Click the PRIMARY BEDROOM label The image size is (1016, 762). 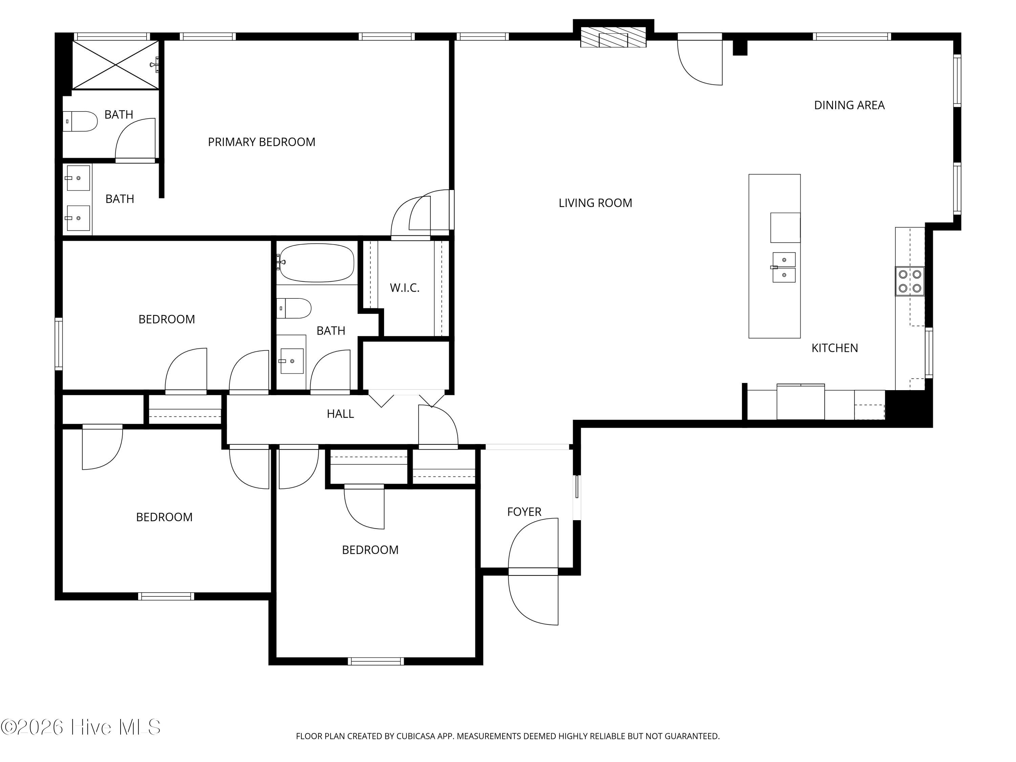261,142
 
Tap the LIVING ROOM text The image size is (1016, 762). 595,203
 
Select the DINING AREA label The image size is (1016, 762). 849,105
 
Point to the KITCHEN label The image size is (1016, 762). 834,348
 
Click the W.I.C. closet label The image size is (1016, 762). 405,288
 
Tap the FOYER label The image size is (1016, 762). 524,512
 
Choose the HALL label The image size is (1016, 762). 340,414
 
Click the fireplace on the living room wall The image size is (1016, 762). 613,37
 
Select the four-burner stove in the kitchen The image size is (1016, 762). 909,281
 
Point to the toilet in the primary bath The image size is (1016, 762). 80,121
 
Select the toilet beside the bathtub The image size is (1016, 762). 294,308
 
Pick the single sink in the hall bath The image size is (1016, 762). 291,361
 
